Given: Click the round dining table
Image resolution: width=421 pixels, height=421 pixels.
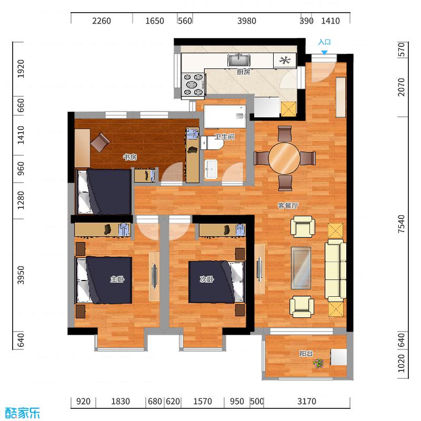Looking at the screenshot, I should pyautogui.click(x=284, y=158).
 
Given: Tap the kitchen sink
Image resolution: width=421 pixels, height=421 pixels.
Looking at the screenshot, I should pyautogui.click(x=239, y=60).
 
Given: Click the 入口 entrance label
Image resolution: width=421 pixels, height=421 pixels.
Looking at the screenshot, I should pyautogui.click(x=324, y=42).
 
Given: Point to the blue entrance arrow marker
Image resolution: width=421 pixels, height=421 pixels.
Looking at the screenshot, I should pyautogui.click(x=325, y=52).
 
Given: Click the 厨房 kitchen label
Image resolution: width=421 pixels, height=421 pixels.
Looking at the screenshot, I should pyautogui.click(x=243, y=72).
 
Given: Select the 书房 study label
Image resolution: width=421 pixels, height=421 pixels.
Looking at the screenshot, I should pyautogui.click(x=129, y=157).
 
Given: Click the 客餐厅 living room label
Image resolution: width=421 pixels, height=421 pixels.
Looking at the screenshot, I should pyautogui.click(x=288, y=206).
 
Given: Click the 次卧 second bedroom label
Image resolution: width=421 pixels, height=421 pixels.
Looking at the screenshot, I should pyautogui.click(x=206, y=279).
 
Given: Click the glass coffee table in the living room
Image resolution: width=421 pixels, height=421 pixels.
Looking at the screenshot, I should pyautogui.click(x=301, y=267).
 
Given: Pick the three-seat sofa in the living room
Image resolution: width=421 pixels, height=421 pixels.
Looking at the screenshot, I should pyautogui.click(x=335, y=269).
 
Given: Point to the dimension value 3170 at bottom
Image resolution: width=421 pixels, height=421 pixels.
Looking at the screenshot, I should pyautogui.click(x=306, y=402).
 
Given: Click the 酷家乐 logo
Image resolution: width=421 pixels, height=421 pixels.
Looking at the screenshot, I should pyautogui.click(x=22, y=413).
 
